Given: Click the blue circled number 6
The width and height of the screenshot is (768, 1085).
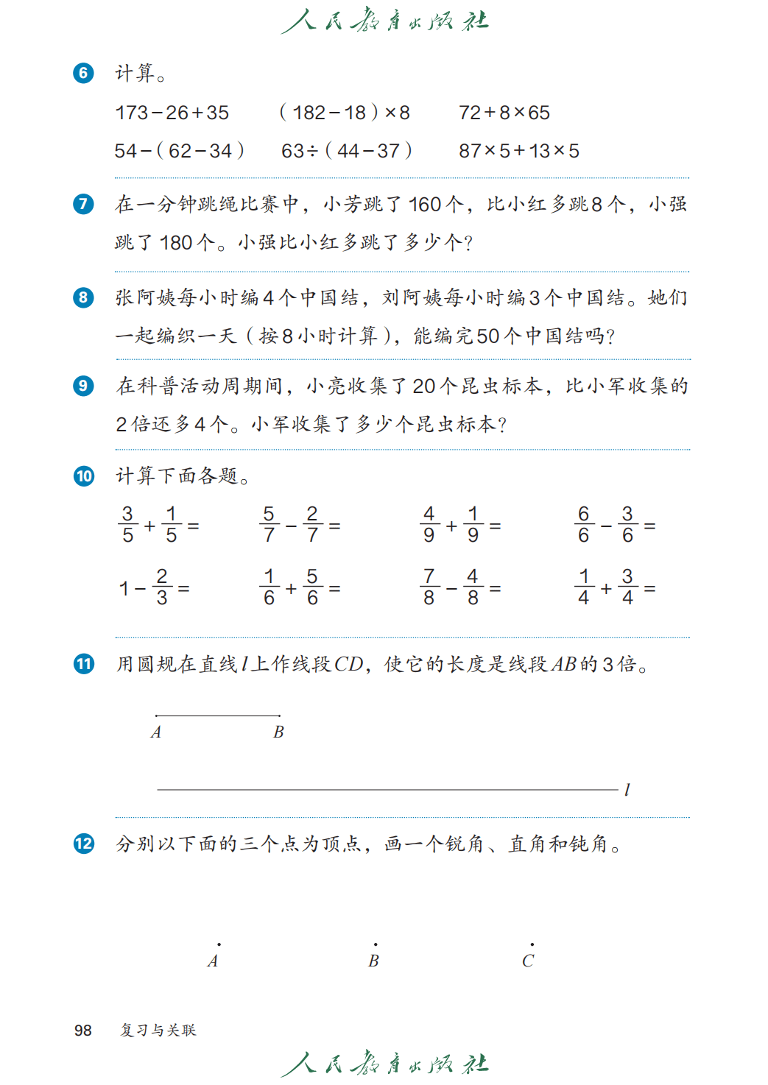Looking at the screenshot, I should pyautogui.click(x=83, y=73).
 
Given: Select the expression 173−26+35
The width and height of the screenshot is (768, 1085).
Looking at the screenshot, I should pyautogui.click(x=172, y=113).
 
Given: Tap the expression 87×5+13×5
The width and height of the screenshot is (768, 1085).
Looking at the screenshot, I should pyautogui.click(x=518, y=151).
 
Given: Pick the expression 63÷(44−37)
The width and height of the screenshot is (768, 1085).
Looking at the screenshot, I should pyautogui.click(x=346, y=151).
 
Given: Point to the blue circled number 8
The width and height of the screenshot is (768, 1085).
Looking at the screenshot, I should pyautogui.click(x=83, y=297).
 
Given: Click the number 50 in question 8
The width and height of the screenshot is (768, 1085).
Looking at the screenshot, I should pyautogui.click(x=488, y=336).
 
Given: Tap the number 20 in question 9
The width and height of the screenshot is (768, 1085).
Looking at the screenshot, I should pyautogui.click(x=424, y=386).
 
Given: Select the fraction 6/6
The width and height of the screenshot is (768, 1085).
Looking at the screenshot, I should pyautogui.click(x=584, y=525).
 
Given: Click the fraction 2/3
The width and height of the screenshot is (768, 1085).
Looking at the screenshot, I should pyautogui.click(x=162, y=587).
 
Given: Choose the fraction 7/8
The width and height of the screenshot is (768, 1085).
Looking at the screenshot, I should pyautogui.click(x=429, y=587).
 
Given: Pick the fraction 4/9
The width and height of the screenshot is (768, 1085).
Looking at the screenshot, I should pyautogui.click(x=429, y=525).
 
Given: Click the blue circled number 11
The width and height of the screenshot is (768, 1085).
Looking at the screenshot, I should pyautogui.click(x=83, y=664).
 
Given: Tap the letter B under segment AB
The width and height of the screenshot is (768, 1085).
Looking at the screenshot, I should pyautogui.click(x=278, y=732).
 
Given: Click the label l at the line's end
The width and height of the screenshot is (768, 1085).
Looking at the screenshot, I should pyautogui.click(x=627, y=790).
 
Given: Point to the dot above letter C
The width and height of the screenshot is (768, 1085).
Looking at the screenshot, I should pyautogui.click(x=532, y=944).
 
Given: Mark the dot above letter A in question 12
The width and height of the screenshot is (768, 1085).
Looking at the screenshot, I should pyautogui.click(x=219, y=944).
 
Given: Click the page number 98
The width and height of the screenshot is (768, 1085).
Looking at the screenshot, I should pyautogui.click(x=83, y=1031).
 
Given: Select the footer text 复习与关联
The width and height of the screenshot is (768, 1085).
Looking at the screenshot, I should pyautogui.click(x=158, y=1031).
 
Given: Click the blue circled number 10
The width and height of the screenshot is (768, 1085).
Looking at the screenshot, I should pyautogui.click(x=83, y=476).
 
